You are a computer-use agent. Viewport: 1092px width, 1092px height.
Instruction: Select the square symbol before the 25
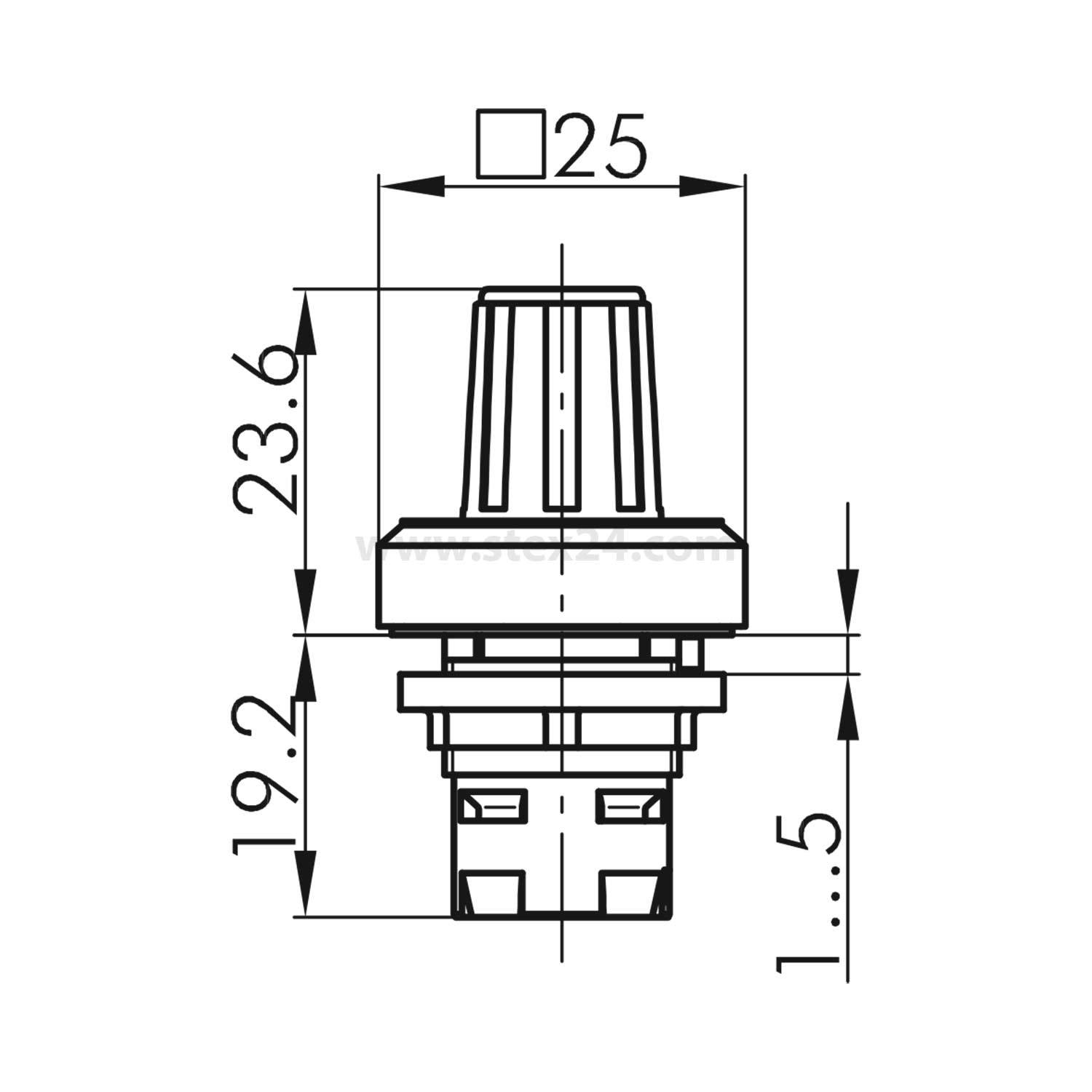[x=511, y=144]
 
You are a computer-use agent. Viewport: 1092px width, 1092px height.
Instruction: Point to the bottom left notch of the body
[x=495, y=892]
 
